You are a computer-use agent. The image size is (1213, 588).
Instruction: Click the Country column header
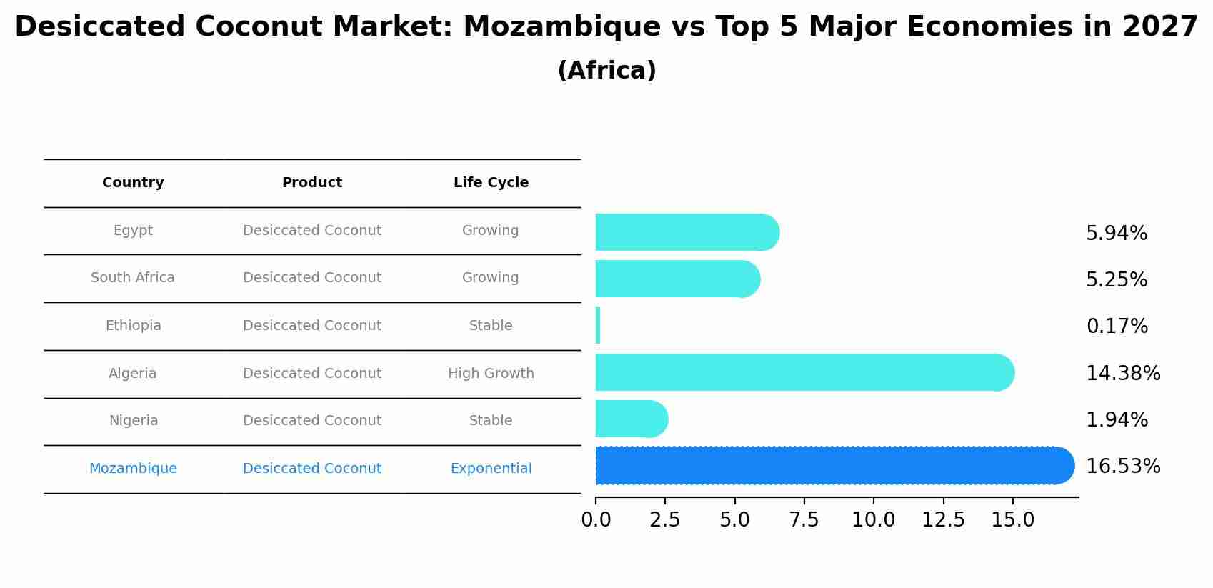click(133, 183)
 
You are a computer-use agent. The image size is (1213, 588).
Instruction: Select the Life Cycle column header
click(491, 183)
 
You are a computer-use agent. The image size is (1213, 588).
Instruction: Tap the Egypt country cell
click(133, 231)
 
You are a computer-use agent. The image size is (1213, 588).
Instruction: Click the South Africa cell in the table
click(133, 278)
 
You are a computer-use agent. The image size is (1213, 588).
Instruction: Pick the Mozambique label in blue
click(133, 469)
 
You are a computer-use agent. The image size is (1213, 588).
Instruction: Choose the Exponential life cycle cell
click(491, 469)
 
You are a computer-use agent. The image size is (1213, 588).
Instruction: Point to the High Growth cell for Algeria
click(491, 374)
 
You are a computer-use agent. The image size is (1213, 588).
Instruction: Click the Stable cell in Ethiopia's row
click(491, 326)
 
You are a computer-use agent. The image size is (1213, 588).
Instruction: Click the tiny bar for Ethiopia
click(598, 326)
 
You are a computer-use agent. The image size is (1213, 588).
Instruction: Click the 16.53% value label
click(1122, 467)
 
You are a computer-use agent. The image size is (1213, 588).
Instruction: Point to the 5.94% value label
click(1116, 234)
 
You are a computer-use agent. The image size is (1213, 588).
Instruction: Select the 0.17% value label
click(1117, 327)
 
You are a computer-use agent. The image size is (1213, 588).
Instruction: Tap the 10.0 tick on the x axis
click(873, 520)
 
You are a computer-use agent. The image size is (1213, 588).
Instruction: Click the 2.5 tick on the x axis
click(664, 520)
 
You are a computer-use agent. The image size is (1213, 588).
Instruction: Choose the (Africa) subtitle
click(606, 71)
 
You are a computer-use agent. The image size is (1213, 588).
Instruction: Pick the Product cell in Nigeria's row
click(312, 421)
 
